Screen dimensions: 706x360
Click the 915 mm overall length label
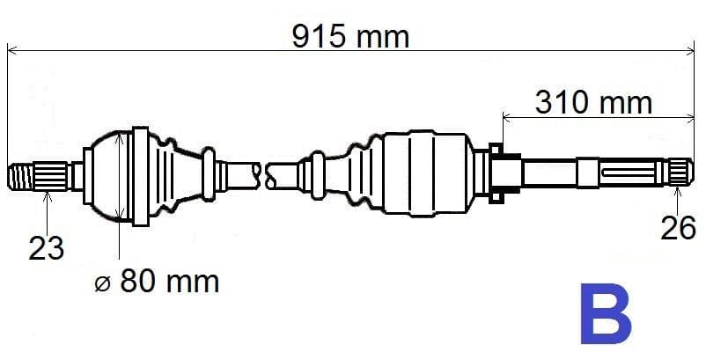coord(350,37)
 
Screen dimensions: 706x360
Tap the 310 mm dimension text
coord(593,103)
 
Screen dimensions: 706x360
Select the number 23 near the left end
coord(47,248)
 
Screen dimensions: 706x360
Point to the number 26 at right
coord(679,228)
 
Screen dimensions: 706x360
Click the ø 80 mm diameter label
coord(158,282)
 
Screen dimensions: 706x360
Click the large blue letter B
coord(606,313)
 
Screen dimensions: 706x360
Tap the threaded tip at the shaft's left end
coord(21,177)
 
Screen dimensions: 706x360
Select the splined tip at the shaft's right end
coord(680,172)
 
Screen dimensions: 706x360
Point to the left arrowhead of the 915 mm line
coord(11,50)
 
